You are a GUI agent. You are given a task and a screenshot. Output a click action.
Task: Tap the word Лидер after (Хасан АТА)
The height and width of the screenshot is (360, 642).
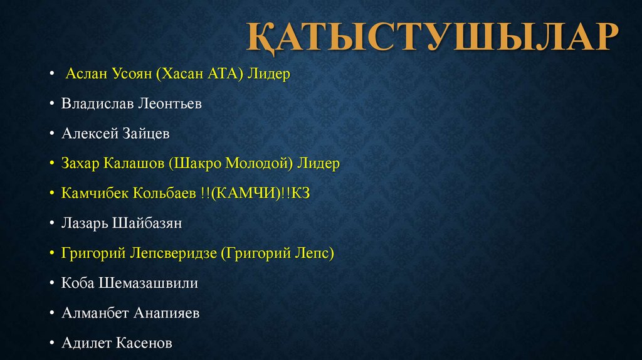(269, 74)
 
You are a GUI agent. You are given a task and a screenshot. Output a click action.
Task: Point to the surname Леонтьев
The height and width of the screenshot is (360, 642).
(169, 104)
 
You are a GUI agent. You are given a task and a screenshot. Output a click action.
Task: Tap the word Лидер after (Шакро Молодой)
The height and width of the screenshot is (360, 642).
(318, 164)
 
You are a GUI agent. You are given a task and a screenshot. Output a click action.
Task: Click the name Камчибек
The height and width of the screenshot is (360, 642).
(95, 193)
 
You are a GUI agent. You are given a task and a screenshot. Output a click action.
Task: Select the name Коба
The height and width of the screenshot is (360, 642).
(78, 283)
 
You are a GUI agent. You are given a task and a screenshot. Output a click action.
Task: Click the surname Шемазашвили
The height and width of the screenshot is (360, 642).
(148, 283)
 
